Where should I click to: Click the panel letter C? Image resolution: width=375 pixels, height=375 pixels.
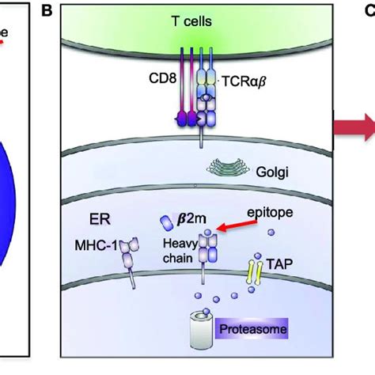click(x=369, y=9)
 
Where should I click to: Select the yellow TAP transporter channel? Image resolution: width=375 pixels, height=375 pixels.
click(x=255, y=270)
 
